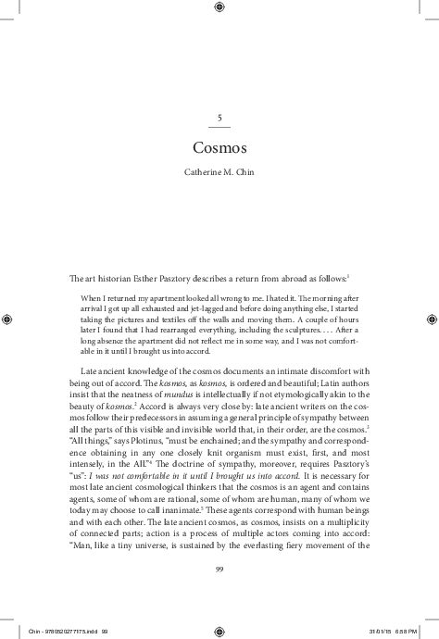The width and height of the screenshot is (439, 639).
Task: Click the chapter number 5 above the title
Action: (219, 117)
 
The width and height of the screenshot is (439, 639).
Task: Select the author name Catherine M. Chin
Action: (219, 173)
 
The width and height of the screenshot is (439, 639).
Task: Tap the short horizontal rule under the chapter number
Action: (219, 126)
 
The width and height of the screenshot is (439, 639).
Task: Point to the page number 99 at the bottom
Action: (219, 569)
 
